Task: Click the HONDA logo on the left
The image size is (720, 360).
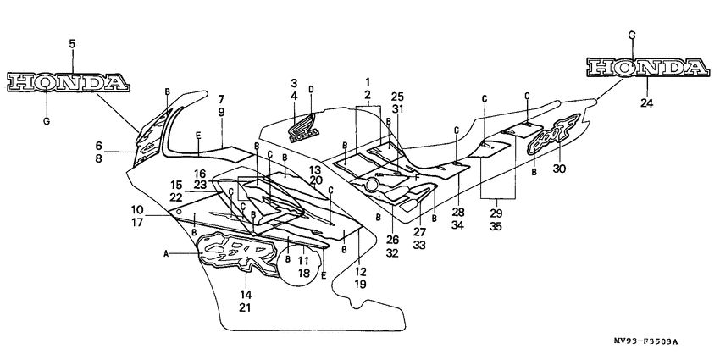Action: click(68, 82)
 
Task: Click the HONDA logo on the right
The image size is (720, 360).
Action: click(648, 68)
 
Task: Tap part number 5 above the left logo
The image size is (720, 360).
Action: click(71, 43)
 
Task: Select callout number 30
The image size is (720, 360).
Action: click(558, 169)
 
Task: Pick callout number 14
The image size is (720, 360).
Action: click(246, 294)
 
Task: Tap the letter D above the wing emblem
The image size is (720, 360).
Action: click(311, 89)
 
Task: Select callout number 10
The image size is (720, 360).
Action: click(136, 208)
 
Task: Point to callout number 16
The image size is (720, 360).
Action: click(200, 173)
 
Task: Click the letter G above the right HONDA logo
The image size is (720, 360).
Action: click(631, 35)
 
